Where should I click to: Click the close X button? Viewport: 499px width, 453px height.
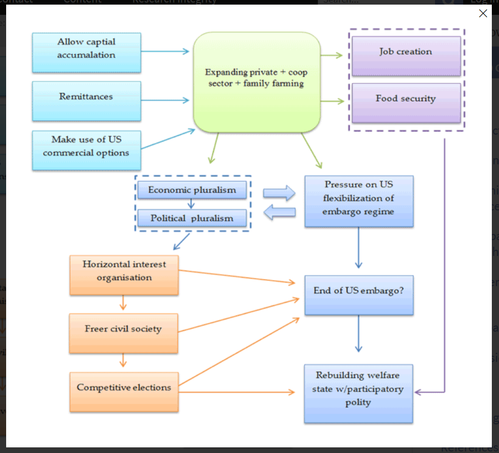[483, 13]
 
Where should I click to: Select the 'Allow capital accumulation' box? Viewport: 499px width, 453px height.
[86, 53]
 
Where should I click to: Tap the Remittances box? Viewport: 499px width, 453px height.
[86, 101]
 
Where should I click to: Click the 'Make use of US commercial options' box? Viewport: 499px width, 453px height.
[86, 150]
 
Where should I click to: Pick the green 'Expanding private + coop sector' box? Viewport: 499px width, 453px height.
[256, 82]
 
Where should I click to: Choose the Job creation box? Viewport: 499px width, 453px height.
[406, 56]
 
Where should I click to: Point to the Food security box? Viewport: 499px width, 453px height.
[406, 103]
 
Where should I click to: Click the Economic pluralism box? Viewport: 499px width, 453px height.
[192, 190]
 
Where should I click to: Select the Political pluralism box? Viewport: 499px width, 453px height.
[192, 218]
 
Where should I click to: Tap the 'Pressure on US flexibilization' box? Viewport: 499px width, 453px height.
[359, 201]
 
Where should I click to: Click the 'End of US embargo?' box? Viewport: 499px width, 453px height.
[359, 295]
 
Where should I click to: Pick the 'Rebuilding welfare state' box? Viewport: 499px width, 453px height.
[359, 394]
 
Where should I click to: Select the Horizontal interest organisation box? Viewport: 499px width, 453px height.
[124, 275]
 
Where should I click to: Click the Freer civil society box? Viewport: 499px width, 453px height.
[123, 333]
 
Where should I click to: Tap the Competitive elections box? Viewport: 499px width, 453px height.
[124, 392]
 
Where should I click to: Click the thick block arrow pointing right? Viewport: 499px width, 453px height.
[279, 193]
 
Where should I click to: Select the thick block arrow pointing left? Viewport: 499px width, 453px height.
[279, 212]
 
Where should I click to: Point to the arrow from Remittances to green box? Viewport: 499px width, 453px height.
[165, 100]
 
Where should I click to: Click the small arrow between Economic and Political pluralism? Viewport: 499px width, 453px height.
[191, 204]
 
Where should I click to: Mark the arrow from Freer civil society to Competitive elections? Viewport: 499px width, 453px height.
[123, 360]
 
